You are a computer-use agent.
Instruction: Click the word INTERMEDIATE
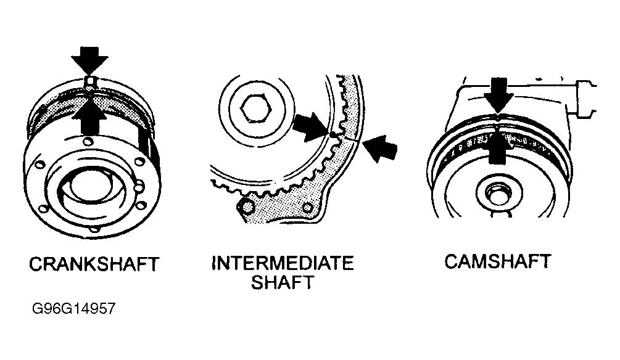pos(282,264)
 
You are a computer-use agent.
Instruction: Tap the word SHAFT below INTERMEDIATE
pos(282,283)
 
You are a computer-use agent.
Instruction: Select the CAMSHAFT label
pos(497,261)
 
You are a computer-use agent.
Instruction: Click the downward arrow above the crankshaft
pos(89,60)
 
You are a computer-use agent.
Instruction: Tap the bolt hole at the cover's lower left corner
pos(249,205)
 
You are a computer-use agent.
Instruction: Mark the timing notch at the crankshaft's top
pos(90,81)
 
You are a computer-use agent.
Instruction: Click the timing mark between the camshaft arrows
pos(497,120)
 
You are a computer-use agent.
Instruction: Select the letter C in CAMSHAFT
pos(452,261)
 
